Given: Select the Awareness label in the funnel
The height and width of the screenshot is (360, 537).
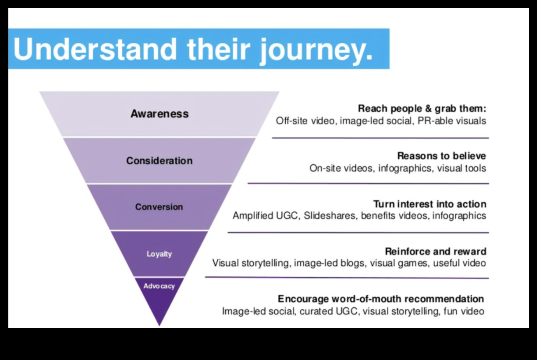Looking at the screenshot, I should [x=159, y=114].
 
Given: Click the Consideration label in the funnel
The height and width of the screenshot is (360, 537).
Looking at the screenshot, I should [x=159, y=161].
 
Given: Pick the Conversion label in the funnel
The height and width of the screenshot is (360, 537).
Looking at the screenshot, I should [x=159, y=207].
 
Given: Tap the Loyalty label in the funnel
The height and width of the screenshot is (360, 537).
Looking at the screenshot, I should [x=159, y=254].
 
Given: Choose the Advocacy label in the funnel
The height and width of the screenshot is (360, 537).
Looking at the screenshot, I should [x=159, y=286].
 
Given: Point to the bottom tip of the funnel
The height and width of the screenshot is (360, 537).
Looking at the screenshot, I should [x=159, y=324].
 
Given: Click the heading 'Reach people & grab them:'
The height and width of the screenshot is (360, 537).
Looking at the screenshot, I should [x=422, y=109].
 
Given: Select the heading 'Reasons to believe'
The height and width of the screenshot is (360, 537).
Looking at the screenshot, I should [x=441, y=156].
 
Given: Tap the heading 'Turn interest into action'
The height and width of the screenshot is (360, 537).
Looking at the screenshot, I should [x=430, y=204].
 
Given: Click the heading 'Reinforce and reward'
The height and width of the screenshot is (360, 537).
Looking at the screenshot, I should [x=435, y=251].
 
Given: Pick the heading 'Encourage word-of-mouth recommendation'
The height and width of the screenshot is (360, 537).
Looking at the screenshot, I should [x=381, y=299].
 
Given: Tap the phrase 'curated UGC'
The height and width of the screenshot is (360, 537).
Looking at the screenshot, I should [x=329, y=311].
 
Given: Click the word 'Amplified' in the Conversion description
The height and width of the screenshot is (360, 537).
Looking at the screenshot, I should [x=252, y=216].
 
